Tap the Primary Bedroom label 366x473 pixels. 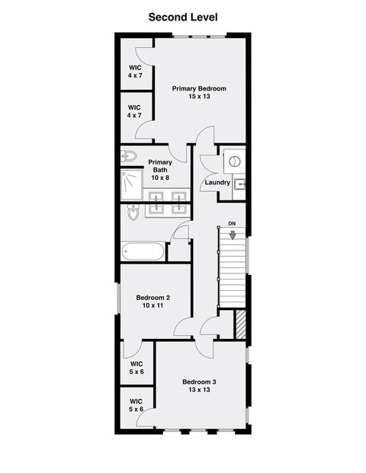pyautogui.click(x=198, y=88)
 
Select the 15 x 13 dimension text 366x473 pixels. pyautogui.click(x=198, y=97)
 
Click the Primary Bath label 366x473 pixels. pyautogui.click(x=160, y=162)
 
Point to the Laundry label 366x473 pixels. pyautogui.click(x=217, y=183)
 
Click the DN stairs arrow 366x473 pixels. pyautogui.click(x=232, y=235)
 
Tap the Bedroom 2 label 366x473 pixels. pyautogui.click(x=153, y=297)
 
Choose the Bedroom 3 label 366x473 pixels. pyautogui.click(x=199, y=381)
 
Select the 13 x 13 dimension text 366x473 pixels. pyautogui.click(x=199, y=390)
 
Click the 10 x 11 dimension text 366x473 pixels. pyautogui.click(x=153, y=306)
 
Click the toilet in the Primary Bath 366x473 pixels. pyautogui.click(x=128, y=156)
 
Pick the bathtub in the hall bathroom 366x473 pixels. pyautogui.click(x=143, y=251)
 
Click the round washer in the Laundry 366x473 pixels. pyautogui.click(x=236, y=161)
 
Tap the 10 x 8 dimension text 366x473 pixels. pyautogui.click(x=160, y=177)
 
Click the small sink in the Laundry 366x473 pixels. pyautogui.click(x=239, y=184)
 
